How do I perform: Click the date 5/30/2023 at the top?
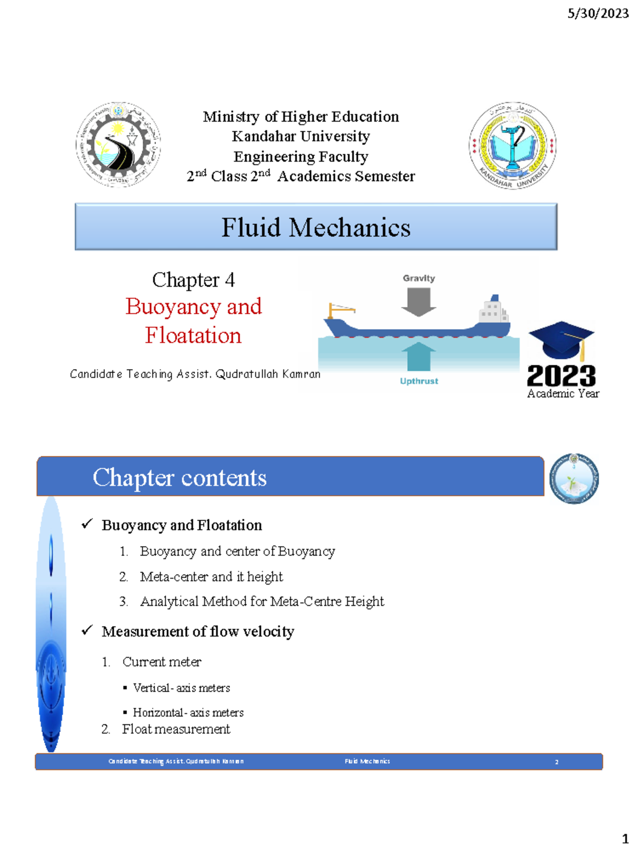[598, 13]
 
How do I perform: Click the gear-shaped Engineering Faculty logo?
[118, 145]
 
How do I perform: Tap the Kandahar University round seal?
[513, 146]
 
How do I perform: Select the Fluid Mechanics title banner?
[316, 227]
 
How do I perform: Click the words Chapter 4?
[193, 280]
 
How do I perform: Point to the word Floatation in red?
[193, 336]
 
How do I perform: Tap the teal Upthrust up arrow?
[418, 356]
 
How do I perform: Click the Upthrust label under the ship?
[419, 381]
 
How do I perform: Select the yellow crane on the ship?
[340, 310]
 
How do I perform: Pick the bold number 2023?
[561, 376]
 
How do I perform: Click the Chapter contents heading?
[180, 478]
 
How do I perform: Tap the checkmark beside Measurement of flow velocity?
[87, 630]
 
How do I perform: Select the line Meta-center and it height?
[211, 577]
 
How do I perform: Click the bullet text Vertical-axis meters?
[181, 688]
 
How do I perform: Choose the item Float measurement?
[176, 729]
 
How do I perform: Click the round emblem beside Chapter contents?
[574, 479]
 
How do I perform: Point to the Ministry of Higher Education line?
[301, 116]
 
